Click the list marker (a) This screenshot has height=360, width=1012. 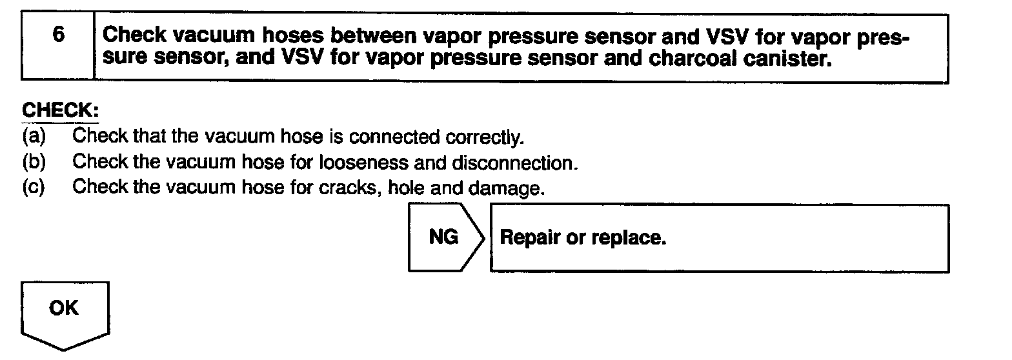point(33,136)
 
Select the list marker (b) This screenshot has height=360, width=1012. point(33,161)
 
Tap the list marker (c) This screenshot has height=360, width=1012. point(33,187)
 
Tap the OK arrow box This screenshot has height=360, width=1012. point(64,313)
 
